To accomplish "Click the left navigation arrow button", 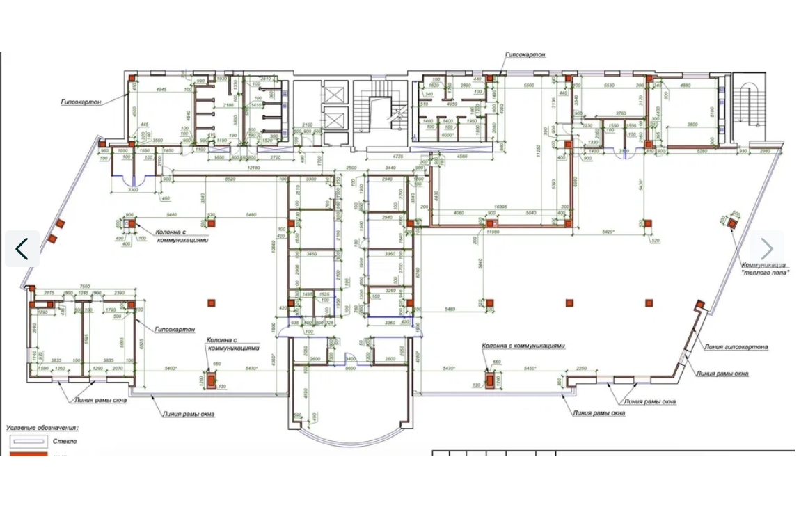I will tap(22, 248).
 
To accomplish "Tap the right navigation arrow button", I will tap(766, 248).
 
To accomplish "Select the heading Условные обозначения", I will tap(42, 428).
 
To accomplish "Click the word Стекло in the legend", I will tap(65, 441).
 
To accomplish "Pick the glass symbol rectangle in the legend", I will tap(26, 441).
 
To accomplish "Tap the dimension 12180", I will tap(253, 168).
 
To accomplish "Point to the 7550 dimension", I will tap(85, 286).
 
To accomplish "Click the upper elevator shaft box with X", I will tap(335, 94).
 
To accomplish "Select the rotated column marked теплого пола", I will tap(732, 222).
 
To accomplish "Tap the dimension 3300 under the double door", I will tap(134, 189).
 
